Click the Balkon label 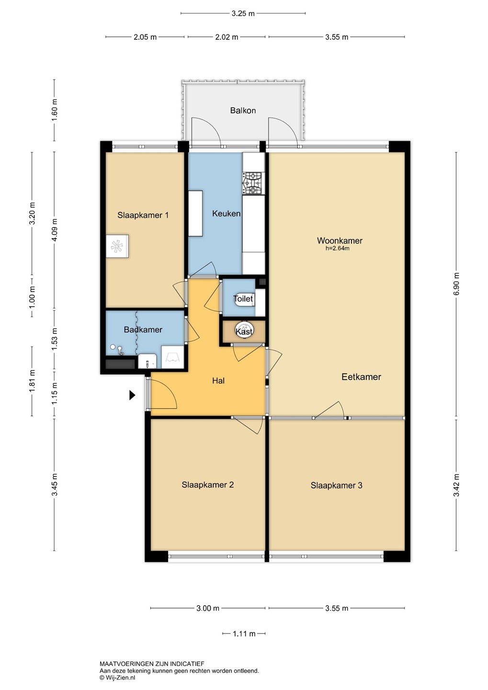click(x=243, y=110)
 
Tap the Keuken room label click(x=227, y=214)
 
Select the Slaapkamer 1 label click(x=143, y=215)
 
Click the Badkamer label click(x=143, y=330)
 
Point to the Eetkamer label click(x=361, y=377)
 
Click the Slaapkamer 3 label click(x=336, y=485)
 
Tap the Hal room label click(x=218, y=381)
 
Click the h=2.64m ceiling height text click(x=338, y=249)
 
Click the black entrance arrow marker click(x=132, y=395)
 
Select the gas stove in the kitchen click(x=253, y=184)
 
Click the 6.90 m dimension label click(x=456, y=284)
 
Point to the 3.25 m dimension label click(x=243, y=13)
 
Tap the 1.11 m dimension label click(x=244, y=633)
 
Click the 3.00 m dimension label click(x=208, y=608)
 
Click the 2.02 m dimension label click(x=227, y=37)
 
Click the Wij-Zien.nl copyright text click(x=117, y=678)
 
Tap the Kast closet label click(x=244, y=332)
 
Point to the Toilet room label click(x=243, y=299)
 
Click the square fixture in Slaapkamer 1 click(x=117, y=246)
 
